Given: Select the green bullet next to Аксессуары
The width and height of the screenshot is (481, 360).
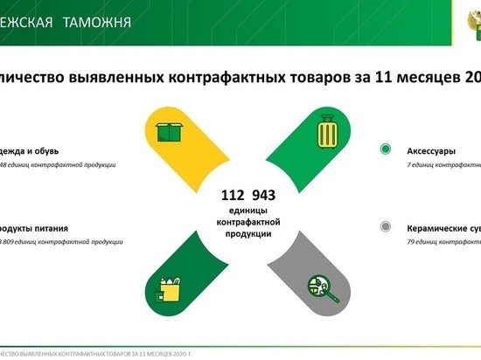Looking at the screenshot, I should coord(386,150).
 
